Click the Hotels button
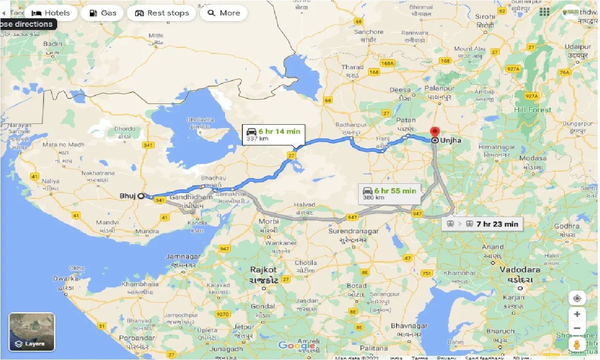(51, 13)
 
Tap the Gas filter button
(103, 13)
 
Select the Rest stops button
(162, 13)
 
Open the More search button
(224, 13)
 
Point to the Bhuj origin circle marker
(141, 196)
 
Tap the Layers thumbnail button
(32, 332)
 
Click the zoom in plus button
(577, 314)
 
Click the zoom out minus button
(577, 328)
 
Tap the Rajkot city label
(263, 270)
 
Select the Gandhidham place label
(191, 197)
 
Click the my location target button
(577, 298)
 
